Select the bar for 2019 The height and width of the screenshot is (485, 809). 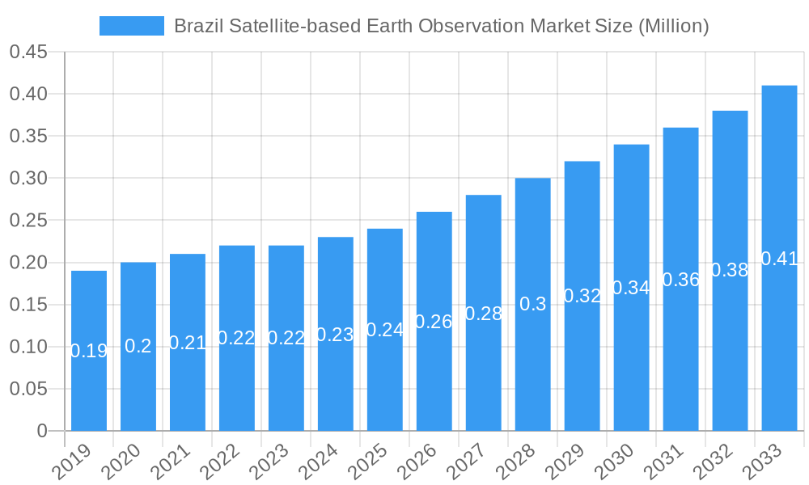[89, 351]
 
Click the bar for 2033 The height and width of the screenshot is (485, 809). [779, 258]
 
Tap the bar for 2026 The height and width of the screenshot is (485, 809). [434, 321]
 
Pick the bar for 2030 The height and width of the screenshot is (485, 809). [631, 287]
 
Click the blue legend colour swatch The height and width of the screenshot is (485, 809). [131, 26]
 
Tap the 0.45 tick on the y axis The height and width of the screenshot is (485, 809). [28, 53]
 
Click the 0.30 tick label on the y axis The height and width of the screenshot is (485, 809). [28, 179]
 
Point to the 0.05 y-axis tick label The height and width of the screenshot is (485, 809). [28, 389]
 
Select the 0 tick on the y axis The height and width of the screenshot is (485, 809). [42, 431]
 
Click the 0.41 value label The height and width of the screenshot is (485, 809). [780, 259]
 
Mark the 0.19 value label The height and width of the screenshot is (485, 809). [89, 351]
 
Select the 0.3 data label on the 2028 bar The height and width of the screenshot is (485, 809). [532, 304]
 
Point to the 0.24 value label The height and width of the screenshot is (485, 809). [385, 330]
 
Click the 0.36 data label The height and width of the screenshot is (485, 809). [681, 280]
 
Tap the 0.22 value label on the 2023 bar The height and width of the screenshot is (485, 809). [286, 338]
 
